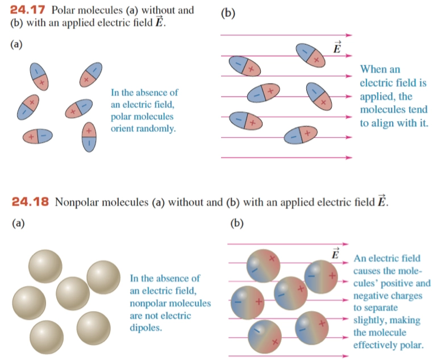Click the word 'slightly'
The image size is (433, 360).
click(x=371, y=320)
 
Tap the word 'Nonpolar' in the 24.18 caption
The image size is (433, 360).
click(x=76, y=202)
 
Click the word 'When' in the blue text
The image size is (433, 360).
click(x=373, y=70)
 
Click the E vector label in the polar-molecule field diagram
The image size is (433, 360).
click(x=337, y=47)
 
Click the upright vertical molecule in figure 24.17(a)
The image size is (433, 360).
click(x=89, y=137)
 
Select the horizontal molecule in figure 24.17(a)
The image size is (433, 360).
click(x=38, y=136)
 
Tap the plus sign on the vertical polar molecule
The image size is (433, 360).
click(x=89, y=131)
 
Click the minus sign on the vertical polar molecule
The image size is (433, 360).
click(x=89, y=144)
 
